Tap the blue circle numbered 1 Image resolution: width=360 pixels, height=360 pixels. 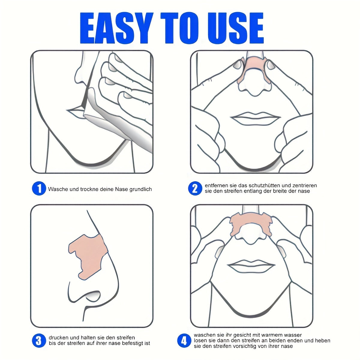click(x=39, y=189)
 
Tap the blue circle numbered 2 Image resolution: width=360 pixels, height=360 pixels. click(x=195, y=188)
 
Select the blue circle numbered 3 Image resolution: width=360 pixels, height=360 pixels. click(x=39, y=340)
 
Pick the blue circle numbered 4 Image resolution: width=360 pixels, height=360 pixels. click(x=184, y=340)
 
